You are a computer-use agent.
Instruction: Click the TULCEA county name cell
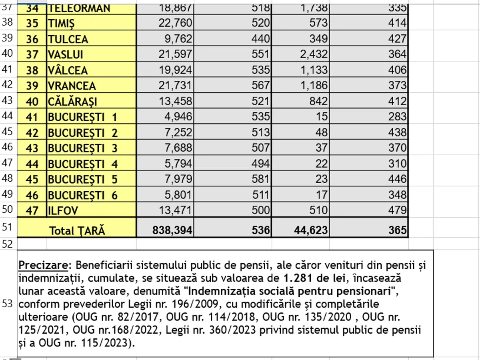pyautogui.click(x=68, y=40)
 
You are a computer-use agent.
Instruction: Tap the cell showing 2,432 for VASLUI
pyautogui.click(x=314, y=54)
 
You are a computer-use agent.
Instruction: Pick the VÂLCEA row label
pyautogui.click(x=68, y=70)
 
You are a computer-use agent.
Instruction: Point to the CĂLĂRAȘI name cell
pyautogui.click(x=72, y=101)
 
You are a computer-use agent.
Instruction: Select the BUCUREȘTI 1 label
pyautogui.click(x=82, y=117)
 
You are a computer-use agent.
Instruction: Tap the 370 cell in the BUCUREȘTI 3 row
pyautogui.click(x=397, y=148)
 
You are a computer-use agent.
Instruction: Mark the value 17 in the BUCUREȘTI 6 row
pyautogui.click(x=322, y=195)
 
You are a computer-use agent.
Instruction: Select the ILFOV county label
pyautogui.click(x=63, y=210)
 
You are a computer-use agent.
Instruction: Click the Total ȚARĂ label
pyautogui.click(x=77, y=230)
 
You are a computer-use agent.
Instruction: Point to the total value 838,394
pyautogui.click(x=172, y=230)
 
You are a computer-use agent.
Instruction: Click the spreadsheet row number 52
pyautogui.click(x=8, y=244)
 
